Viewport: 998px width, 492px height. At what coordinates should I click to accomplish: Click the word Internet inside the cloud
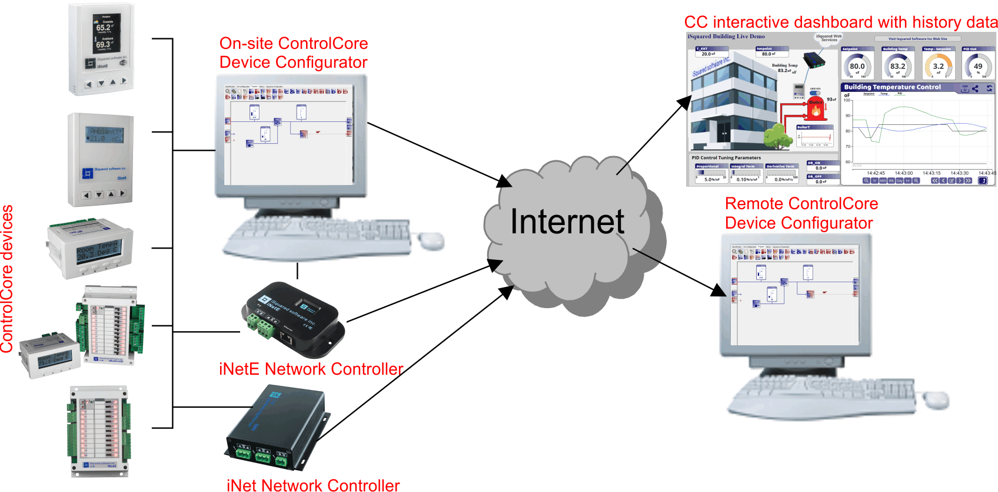[x=567, y=222]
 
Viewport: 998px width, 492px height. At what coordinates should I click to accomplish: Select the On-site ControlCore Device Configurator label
[x=293, y=53]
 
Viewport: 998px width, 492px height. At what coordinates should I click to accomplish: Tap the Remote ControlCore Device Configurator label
[x=801, y=213]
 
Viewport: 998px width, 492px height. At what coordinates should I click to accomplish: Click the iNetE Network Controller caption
[x=311, y=369]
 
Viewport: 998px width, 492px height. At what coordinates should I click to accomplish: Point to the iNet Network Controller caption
[x=313, y=485]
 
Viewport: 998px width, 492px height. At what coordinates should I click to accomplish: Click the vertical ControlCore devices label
[x=7, y=279]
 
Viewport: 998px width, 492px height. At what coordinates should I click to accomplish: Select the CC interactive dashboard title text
[x=840, y=22]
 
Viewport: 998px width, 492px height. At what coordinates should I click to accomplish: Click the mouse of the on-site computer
[x=431, y=240]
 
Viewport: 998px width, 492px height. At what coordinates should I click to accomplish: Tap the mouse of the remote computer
[x=935, y=399]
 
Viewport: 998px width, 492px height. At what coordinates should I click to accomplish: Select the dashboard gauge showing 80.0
[x=857, y=66]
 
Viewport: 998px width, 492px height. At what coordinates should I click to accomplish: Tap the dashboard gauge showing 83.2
[x=897, y=66]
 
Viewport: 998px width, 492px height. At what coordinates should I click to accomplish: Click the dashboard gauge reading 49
[x=978, y=66]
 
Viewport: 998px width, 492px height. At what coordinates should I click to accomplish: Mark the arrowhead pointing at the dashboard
[x=686, y=101]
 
